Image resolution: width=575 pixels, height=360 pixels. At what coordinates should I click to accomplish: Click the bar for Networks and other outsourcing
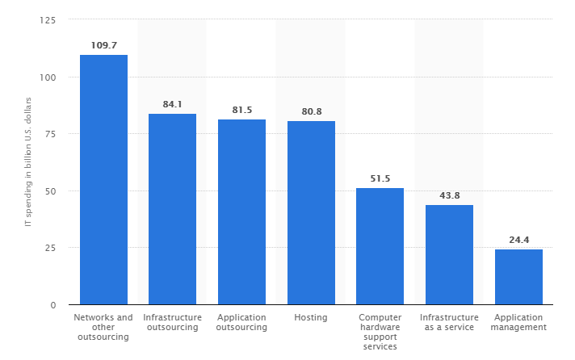click(103, 179)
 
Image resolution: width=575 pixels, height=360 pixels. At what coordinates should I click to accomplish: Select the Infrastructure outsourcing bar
click(172, 209)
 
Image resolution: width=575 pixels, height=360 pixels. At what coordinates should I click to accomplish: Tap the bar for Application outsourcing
click(241, 211)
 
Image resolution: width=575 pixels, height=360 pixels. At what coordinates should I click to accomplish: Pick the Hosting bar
click(311, 212)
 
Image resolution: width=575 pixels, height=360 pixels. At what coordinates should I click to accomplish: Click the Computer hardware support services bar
click(380, 246)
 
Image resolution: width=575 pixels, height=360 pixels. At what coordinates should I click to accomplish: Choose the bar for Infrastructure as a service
click(449, 254)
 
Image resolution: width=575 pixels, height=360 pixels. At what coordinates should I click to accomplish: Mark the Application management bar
click(518, 277)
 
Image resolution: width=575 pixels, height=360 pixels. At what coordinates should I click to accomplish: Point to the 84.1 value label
click(172, 104)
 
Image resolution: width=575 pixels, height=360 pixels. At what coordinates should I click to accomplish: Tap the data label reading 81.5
click(241, 109)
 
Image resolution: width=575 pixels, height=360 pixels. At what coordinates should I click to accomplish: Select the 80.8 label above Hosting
click(311, 111)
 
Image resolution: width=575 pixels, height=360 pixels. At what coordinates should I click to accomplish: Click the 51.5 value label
click(380, 178)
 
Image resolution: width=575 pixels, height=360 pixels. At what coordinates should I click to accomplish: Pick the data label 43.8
click(449, 195)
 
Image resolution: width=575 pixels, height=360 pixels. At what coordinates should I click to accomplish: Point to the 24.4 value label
click(518, 240)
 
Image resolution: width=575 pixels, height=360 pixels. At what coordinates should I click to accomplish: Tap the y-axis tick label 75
click(50, 134)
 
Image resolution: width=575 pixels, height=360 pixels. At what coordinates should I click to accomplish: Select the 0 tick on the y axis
click(53, 305)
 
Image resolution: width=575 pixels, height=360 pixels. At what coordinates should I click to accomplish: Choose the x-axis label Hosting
click(311, 318)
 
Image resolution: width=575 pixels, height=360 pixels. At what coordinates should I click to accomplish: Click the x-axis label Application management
click(519, 323)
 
